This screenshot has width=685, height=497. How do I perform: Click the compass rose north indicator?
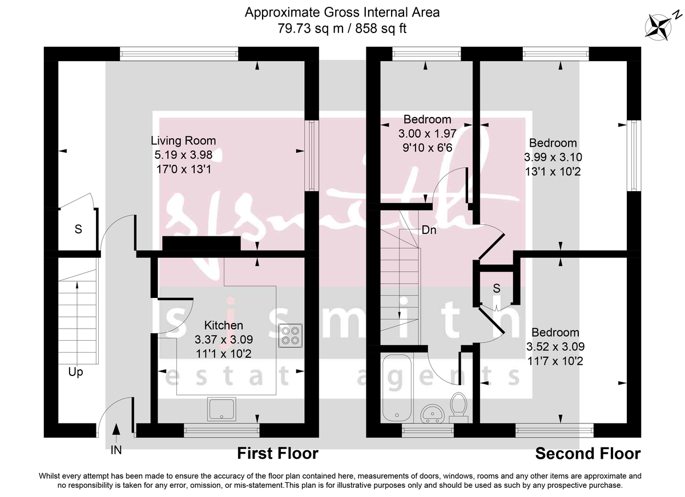point(659,26)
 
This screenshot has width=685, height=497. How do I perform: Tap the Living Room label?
point(183,140)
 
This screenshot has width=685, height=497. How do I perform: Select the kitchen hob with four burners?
point(290,336)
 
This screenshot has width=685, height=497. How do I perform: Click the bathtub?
point(396,389)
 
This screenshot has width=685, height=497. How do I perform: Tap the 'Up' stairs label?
point(75,372)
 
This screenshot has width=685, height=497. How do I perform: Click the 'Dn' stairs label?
point(429,231)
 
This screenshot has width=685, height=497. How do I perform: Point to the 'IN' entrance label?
point(116,450)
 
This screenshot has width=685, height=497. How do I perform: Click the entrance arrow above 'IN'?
point(116,432)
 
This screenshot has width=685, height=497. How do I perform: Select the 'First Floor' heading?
point(277,454)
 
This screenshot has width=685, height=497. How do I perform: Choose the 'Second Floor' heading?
point(587,454)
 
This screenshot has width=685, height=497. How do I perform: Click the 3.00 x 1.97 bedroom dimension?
point(427,134)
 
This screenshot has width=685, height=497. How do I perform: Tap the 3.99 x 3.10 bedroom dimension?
point(553,157)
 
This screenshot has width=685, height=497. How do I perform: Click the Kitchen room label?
point(224,325)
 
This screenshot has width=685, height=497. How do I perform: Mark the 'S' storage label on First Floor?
point(78,230)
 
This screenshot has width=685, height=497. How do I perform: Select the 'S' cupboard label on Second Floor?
point(497,289)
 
